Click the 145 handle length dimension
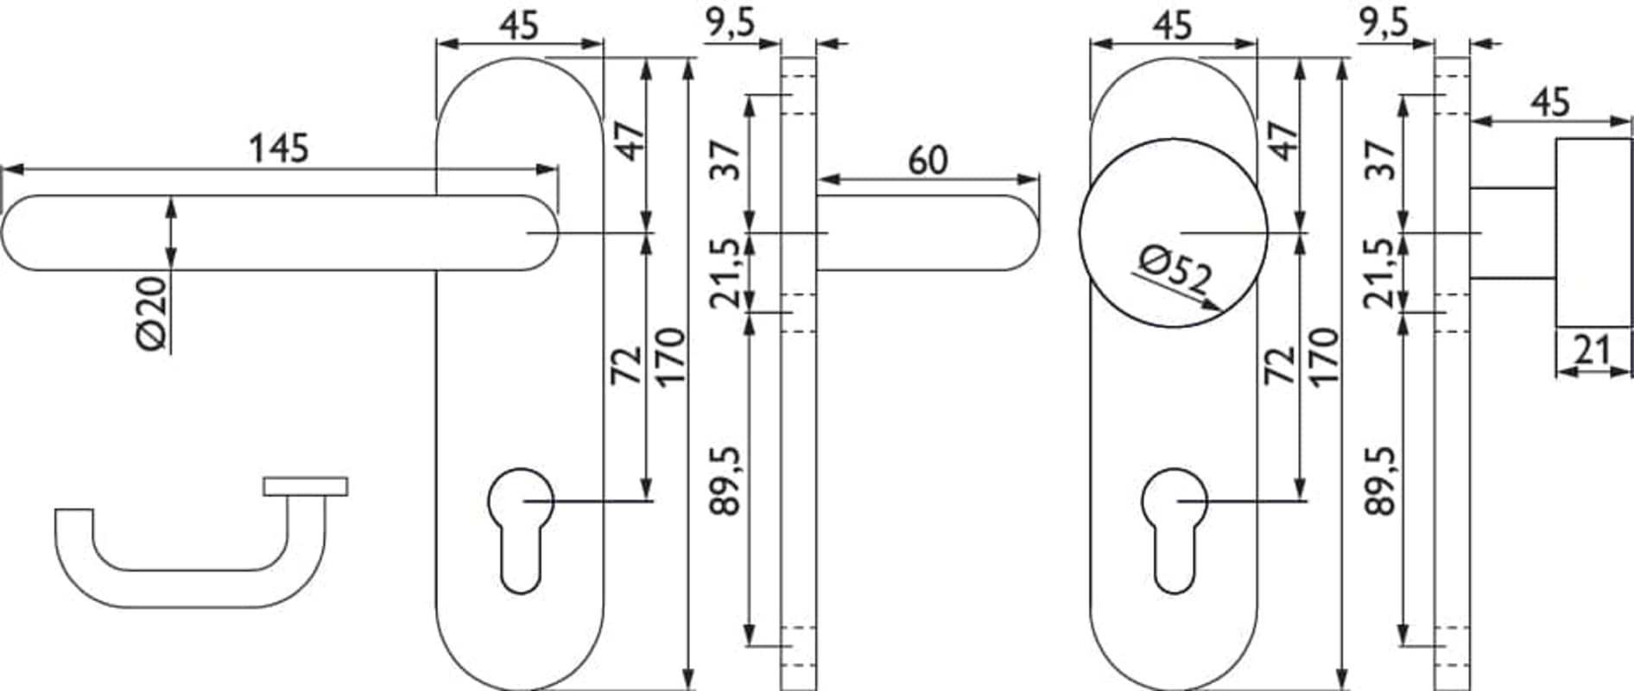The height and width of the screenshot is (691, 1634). [x=278, y=149]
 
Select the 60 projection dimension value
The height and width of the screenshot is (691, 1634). [x=928, y=161]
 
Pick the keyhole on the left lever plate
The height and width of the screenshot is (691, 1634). [x=520, y=530]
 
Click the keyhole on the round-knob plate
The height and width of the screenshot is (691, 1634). [x=1174, y=530]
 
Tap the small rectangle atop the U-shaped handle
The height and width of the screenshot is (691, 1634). [x=306, y=486]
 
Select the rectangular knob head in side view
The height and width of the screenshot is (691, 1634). [x=1594, y=232]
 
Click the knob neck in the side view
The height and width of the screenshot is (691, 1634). [x=1513, y=232]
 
